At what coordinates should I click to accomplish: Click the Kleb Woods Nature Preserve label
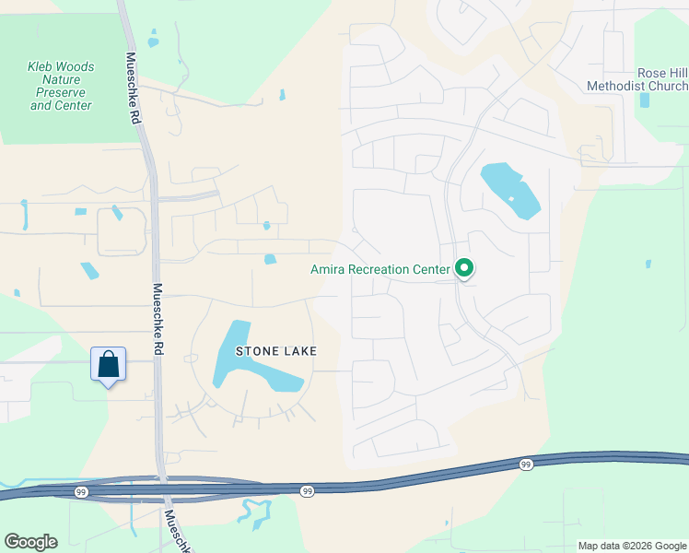[x=62, y=86]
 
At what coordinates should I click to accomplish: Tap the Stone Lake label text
[x=276, y=351]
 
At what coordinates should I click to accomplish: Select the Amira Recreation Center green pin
[x=465, y=269]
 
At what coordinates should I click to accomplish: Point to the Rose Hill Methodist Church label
[x=637, y=80]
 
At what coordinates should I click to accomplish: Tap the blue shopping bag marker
[x=109, y=364]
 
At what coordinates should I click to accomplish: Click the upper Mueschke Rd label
[x=134, y=88]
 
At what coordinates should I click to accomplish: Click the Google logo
[x=30, y=541]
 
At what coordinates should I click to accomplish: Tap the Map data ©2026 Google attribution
[x=631, y=546]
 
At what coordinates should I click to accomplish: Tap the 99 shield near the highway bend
[x=525, y=465]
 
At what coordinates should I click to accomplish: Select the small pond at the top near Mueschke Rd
[x=153, y=41]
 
